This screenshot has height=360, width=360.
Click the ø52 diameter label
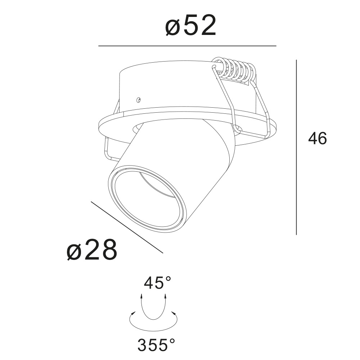tap(190, 26)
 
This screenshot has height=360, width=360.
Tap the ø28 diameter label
tap(92, 249)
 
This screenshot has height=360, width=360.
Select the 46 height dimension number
tap(317, 139)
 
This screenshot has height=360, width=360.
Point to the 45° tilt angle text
tap(157, 283)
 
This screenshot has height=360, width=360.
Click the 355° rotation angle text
tap(156, 345)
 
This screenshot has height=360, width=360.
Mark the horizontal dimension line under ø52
tap(187, 46)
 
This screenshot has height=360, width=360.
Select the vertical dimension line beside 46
tap(296, 147)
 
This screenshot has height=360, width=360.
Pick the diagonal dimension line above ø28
tap(127, 227)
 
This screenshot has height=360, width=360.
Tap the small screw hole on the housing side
tap(138, 100)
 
